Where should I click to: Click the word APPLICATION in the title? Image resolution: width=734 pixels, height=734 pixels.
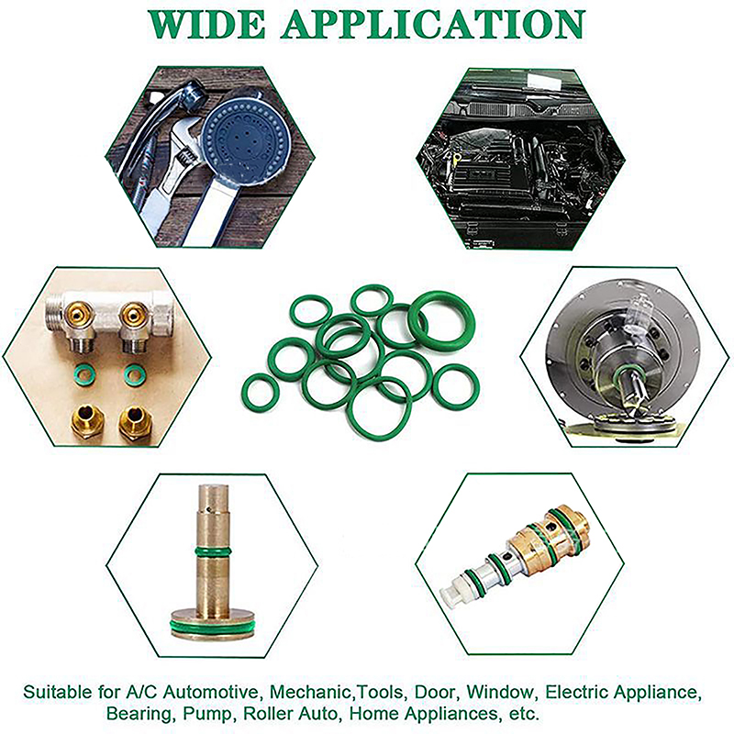coord(433,24)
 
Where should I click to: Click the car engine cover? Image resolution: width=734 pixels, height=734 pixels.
coord(483,174)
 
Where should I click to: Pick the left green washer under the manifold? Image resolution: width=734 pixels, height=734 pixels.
coord(84,374)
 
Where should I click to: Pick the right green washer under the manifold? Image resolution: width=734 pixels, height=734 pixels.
coord(135,374)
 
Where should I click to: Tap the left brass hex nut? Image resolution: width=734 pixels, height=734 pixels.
coord(87,422)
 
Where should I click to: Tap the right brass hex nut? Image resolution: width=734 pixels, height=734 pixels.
coord(136,422)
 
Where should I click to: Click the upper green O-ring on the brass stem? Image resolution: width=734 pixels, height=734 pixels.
coord(213,550)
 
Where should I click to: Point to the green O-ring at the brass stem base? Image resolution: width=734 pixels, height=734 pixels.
coord(213,628)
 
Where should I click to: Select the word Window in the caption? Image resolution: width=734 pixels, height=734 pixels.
coord(500,692)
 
